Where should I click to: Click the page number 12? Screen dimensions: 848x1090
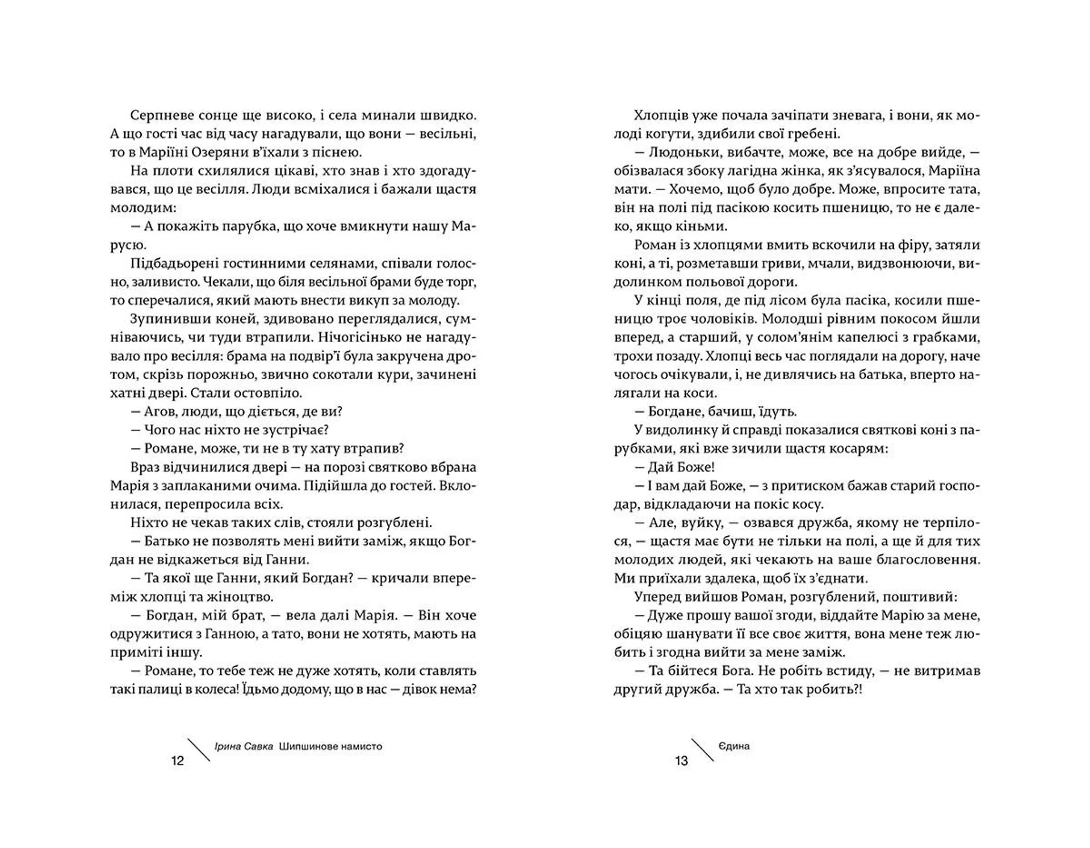pyautogui.click(x=178, y=761)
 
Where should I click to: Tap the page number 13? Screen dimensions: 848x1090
pyautogui.click(x=681, y=761)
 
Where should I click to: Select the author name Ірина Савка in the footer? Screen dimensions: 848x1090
pyautogui.click(x=244, y=746)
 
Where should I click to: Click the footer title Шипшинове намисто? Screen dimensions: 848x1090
pyautogui.click(x=331, y=746)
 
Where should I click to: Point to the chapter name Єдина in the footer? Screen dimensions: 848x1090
pyautogui.click(x=734, y=746)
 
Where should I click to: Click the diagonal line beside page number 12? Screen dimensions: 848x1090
pyautogui.click(x=199, y=749)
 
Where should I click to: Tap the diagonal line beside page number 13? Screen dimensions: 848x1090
pyautogui.click(x=702, y=749)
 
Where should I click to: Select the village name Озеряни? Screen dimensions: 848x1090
pyautogui.click(x=233, y=152)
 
